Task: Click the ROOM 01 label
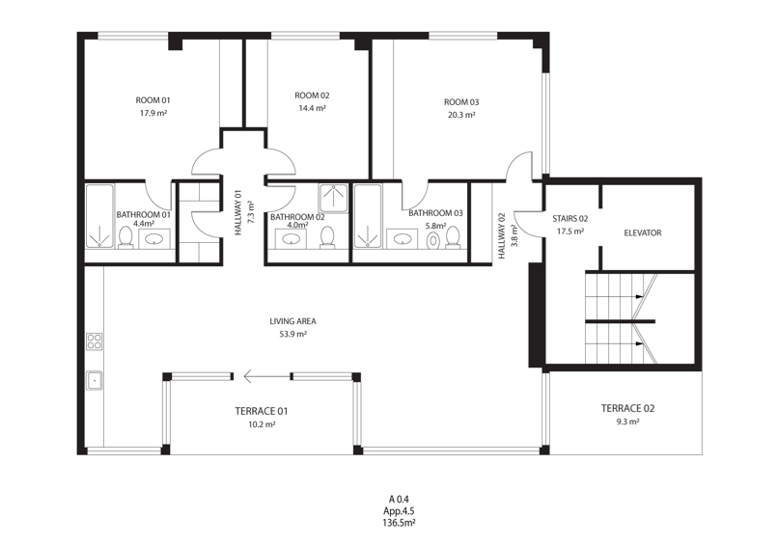click(153, 100)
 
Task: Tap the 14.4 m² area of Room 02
click(312, 108)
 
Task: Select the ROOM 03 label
click(461, 102)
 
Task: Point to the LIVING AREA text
click(292, 321)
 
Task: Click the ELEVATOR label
click(642, 232)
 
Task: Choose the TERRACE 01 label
click(262, 411)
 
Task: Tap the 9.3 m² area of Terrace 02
click(627, 422)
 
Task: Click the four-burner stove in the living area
click(95, 341)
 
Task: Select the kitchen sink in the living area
click(94, 380)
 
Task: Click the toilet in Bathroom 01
click(125, 237)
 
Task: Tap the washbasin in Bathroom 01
click(155, 239)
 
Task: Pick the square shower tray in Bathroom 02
click(333, 199)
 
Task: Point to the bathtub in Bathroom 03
click(368, 216)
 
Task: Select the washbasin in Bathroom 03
click(402, 239)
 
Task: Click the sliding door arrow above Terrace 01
click(267, 377)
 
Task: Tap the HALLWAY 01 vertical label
click(238, 212)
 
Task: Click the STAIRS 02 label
click(570, 219)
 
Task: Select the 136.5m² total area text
click(399, 523)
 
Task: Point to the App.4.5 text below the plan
click(399, 510)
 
